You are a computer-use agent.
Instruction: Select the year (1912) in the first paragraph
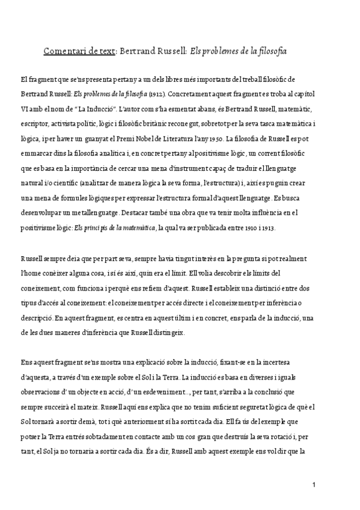click(156, 94)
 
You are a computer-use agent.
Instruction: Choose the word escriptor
click(35, 124)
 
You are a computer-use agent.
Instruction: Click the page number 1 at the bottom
click(314, 484)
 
